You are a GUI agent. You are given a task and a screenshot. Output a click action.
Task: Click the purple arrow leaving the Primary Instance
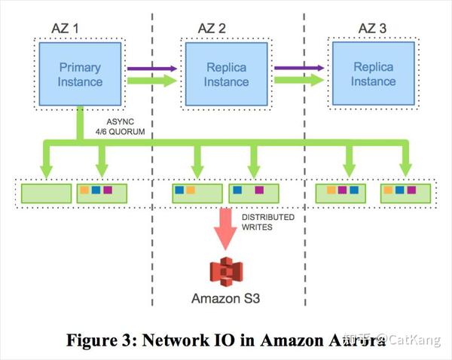(x=151, y=68)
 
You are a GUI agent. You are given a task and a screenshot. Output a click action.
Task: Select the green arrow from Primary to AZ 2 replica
(x=151, y=81)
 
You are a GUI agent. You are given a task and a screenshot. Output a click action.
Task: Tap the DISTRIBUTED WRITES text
(x=267, y=224)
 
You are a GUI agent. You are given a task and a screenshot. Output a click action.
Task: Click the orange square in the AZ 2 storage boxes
(x=191, y=191)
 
